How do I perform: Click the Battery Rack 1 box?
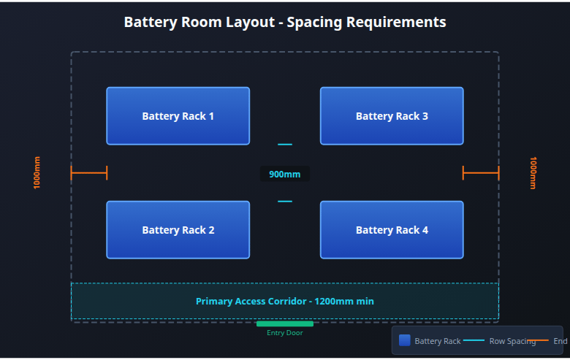click(178, 116)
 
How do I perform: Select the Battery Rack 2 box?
click(178, 230)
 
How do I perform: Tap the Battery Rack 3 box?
click(392, 116)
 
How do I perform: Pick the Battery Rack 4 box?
click(392, 230)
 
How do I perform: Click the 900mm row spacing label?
click(285, 175)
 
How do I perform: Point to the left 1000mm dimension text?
click(37, 173)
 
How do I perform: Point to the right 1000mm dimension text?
click(533, 173)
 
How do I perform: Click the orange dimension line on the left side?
click(89, 173)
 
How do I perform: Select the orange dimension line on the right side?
click(481, 173)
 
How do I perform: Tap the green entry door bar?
click(285, 323)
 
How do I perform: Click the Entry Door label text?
click(285, 333)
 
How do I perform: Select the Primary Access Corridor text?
click(285, 301)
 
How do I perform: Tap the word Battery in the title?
click(148, 22)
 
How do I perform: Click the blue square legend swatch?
click(405, 340)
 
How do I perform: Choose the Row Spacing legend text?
click(512, 341)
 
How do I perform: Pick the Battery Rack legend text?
click(438, 341)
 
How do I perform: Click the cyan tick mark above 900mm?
click(285, 145)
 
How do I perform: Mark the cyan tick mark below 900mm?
click(285, 202)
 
